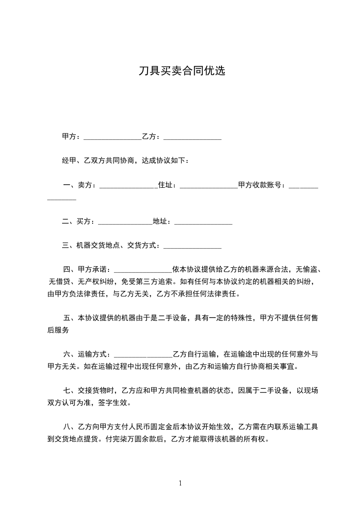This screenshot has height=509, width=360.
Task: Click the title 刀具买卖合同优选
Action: pyautogui.click(x=182, y=71)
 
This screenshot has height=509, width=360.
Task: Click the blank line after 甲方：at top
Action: pyautogui.click(x=113, y=137)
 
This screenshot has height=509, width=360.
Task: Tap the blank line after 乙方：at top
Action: pyautogui.click(x=192, y=137)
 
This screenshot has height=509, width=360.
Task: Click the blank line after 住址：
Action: pyautogui.click(x=209, y=186)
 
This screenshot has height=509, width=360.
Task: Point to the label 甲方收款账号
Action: pyautogui.click(x=260, y=185)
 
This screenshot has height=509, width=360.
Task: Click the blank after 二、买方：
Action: pyautogui.click(x=125, y=223)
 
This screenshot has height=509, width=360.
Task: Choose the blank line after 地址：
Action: pyautogui.click(x=203, y=223)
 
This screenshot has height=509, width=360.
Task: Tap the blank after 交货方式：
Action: pyautogui.click(x=192, y=247)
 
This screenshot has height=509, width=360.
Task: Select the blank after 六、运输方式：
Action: pyautogui.click(x=143, y=355)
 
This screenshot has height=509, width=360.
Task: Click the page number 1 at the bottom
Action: pyautogui.click(x=180, y=483)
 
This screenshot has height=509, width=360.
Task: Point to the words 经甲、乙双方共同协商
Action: pyautogui.click(x=98, y=161)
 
